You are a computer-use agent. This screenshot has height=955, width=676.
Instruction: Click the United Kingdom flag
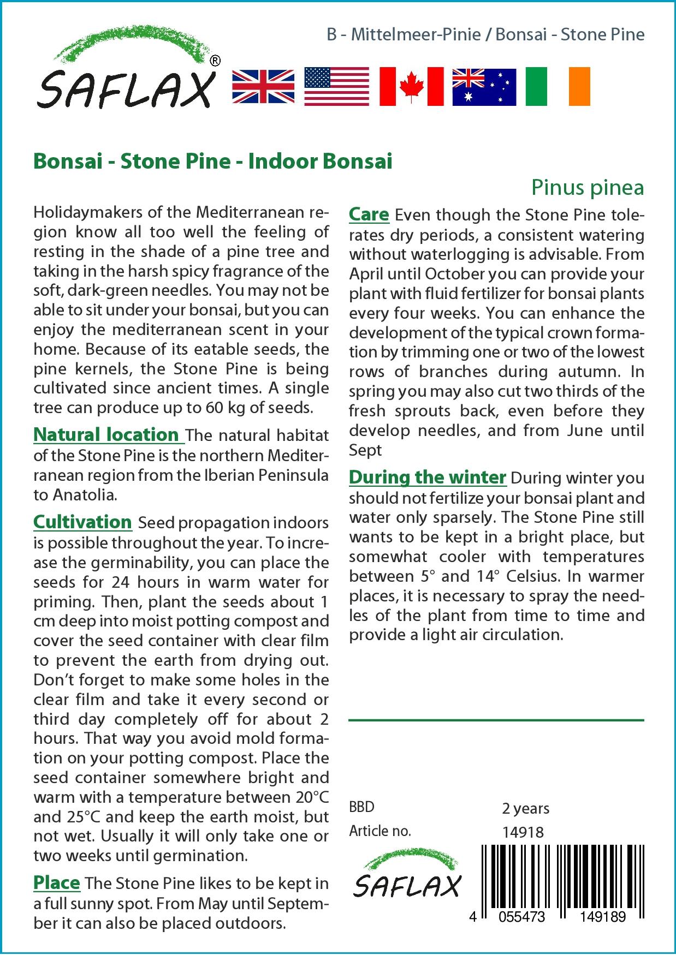pos(263,87)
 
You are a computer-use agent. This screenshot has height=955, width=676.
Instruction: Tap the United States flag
pos(336,87)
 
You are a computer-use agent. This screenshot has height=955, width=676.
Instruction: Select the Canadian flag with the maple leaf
pos(411,87)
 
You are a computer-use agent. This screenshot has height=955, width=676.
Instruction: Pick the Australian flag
pos(484,87)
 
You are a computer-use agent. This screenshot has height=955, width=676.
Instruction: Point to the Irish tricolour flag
pos(558,87)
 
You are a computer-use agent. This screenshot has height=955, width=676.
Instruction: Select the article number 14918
pos(523,832)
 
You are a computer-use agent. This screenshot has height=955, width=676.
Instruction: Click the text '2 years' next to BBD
pos(525,808)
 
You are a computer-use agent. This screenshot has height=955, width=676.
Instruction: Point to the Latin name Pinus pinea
pos(588,188)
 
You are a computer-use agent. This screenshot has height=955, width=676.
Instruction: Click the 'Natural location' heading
pos(106,435)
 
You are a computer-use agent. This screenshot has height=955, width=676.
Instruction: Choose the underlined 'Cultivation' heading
pos(82,522)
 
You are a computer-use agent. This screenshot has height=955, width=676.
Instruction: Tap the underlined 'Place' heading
pos(57,882)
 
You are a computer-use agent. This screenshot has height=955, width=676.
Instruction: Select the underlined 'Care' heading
pos(369,214)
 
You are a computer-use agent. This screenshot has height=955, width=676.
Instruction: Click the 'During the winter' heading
pos(428,477)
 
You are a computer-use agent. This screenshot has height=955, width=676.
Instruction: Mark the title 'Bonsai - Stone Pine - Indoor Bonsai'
pos(213,162)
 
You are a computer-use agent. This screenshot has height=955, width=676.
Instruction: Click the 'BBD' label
pos(362,807)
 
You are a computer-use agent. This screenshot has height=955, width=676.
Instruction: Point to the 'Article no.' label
pos(380,832)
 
